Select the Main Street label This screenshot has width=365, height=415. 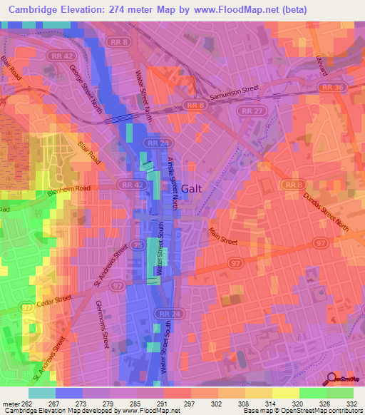(x=223, y=235)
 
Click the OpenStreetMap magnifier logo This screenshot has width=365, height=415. (x=331, y=379)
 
